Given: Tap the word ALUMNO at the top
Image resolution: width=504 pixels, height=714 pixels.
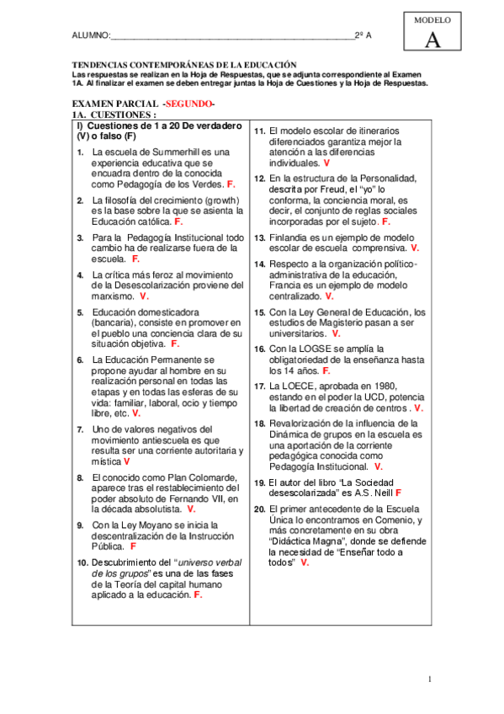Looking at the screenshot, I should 91,35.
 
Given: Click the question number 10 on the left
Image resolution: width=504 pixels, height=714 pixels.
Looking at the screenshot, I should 82,562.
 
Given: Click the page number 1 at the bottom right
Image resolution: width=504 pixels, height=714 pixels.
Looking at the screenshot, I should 429,679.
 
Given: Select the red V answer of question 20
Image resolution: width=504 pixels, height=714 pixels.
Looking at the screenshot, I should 304,562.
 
